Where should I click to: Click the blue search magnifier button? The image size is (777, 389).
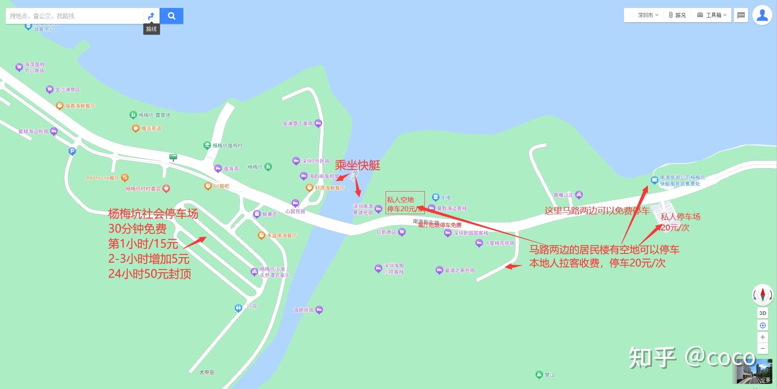click(171, 16)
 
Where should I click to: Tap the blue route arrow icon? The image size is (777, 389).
click(151, 16)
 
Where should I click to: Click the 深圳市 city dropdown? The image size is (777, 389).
click(644, 15)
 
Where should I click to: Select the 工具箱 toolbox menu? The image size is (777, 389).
click(713, 15)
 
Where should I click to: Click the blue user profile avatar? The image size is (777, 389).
click(762, 15)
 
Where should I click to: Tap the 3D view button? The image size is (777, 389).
click(762, 313)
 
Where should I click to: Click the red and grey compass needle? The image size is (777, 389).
click(762, 294)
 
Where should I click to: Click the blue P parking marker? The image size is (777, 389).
click(72, 151)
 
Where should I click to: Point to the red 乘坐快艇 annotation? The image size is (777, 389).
click(357, 166)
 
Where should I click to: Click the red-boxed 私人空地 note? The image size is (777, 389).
click(405, 203)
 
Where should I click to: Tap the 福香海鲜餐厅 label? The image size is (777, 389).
click(80, 106)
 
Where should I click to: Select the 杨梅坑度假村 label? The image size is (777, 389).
click(227, 146)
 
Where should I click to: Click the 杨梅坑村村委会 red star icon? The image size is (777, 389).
click(166, 189)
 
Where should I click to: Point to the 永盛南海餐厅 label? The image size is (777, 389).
click(282, 235)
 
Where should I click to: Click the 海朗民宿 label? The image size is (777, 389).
click(303, 310)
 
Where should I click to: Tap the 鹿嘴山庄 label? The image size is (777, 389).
click(563, 195)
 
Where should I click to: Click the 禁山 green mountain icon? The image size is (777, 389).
click(538, 375)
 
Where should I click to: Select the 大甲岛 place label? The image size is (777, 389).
click(207, 372)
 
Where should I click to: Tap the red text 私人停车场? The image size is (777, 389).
click(680, 217)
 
